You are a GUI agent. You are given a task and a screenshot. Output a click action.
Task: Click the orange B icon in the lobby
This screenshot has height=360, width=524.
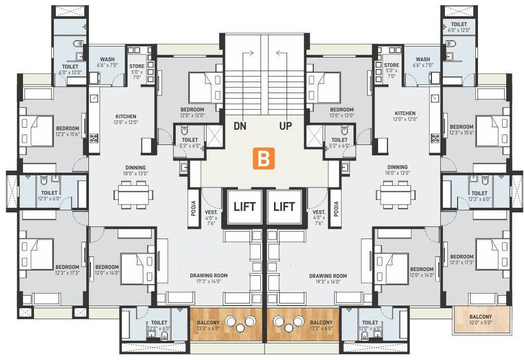coord(264,159)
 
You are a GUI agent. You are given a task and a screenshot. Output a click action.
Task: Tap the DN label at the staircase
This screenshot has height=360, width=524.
coord(240,126)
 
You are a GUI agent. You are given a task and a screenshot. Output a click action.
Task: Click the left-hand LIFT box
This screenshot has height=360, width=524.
coord(245,207)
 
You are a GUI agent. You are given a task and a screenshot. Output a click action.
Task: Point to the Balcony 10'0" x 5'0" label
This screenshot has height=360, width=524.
coord(481,320)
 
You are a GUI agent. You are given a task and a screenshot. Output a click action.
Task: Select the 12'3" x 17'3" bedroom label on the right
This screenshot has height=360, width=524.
coord(462,259)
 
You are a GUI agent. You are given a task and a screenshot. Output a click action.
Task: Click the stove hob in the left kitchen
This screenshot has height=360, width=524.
coord(95,139)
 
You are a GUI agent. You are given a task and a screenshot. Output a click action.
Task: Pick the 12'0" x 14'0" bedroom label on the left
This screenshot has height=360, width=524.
coord(107,269)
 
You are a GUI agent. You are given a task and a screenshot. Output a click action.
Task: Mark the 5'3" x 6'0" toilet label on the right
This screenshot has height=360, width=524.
coord(339,143)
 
